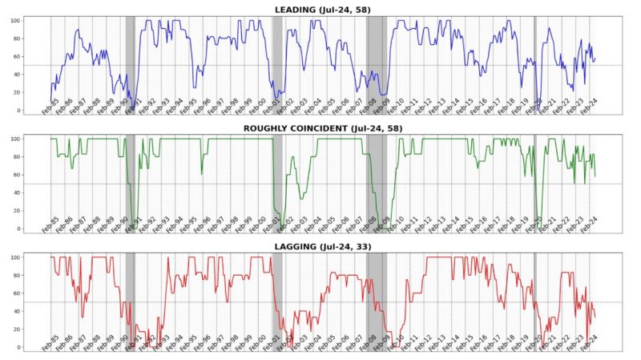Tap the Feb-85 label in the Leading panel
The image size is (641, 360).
tap(50, 107)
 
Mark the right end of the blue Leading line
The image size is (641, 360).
tap(595, 58)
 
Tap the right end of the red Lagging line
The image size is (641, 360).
tap(595, 318)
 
